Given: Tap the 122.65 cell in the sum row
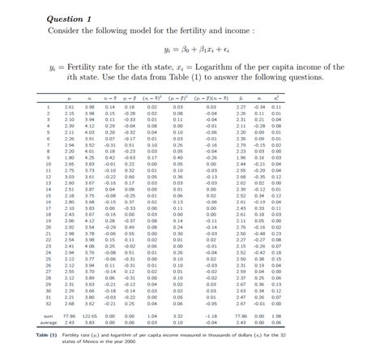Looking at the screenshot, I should pyautogui.click(x=90, y=315).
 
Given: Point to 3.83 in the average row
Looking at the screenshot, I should pyautogui.click(x=91, y=322).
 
